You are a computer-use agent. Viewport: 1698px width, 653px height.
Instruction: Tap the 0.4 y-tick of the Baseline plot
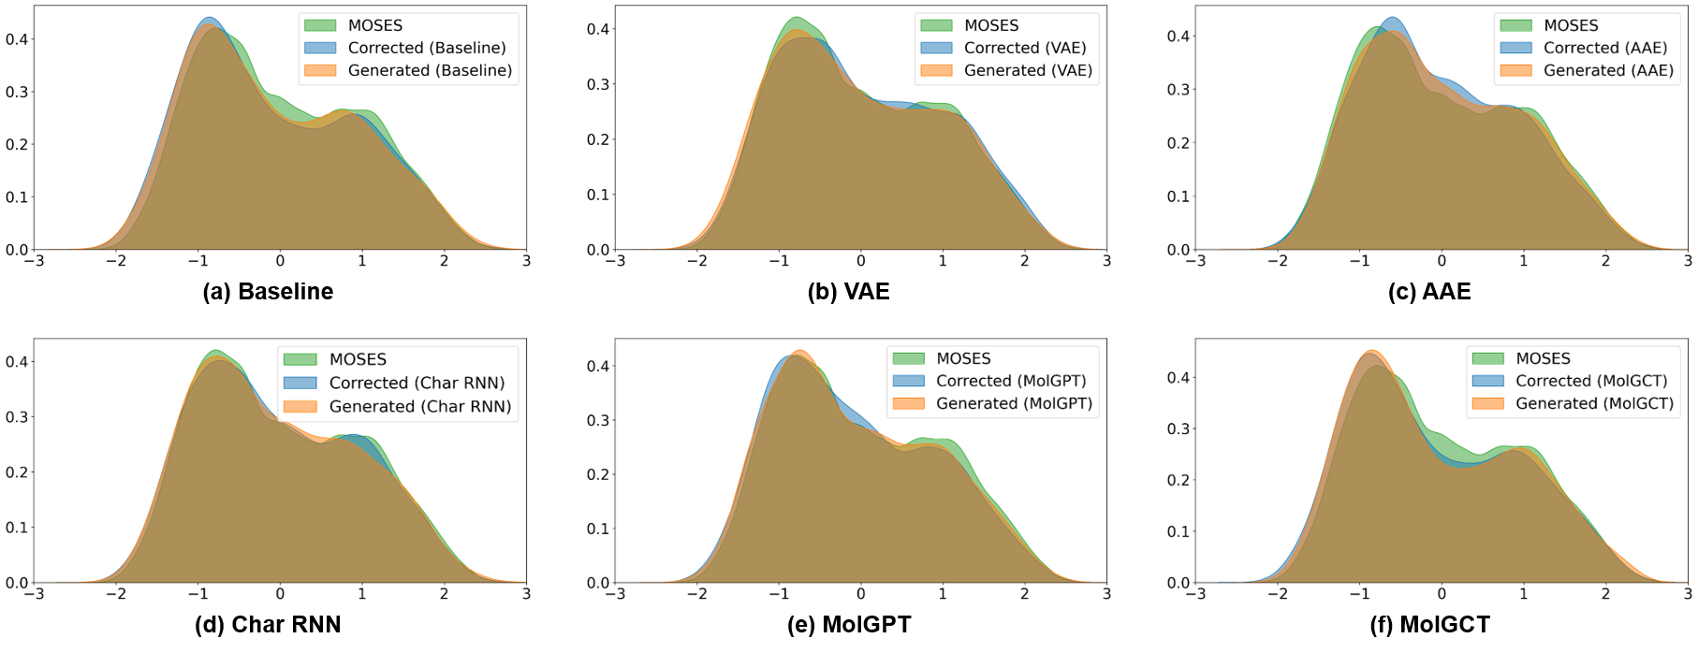point(17,39)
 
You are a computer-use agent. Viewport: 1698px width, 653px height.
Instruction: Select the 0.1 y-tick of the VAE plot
point(597,195)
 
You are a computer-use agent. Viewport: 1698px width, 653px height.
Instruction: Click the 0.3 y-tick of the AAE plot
point(1178,90)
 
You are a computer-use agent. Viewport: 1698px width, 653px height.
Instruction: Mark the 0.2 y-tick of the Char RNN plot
point(17,473)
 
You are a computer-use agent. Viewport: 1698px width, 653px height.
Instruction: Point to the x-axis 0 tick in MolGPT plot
point(861,593)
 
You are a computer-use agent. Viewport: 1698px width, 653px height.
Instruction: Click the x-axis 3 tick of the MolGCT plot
point(1687,593)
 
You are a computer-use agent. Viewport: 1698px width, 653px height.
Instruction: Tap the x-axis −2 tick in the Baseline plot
point(116,261)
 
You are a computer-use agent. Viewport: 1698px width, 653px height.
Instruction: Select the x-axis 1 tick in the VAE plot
point(944,261)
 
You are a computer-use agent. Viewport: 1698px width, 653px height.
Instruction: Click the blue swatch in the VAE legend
point(935,48)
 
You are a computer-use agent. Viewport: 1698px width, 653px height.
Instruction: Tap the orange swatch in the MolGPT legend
point(907,404)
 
